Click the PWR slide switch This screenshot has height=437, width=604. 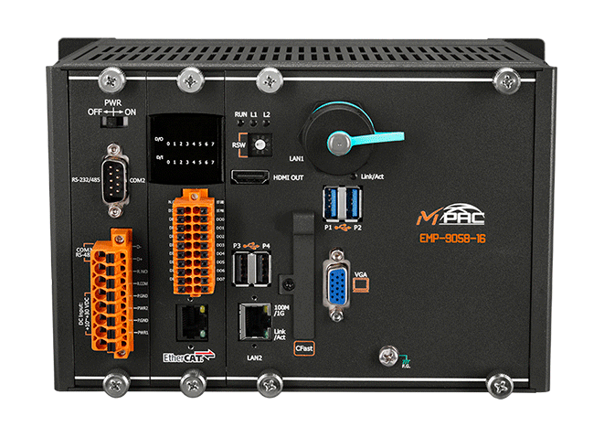[x=113, y=118]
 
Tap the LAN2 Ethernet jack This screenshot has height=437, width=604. [x=251, y=319]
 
